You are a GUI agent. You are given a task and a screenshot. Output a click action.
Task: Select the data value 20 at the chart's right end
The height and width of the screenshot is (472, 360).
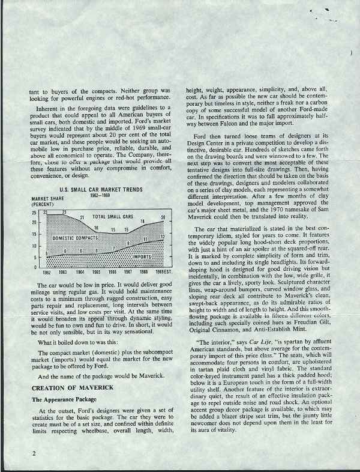pyautogui.click(x=163, y=233)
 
